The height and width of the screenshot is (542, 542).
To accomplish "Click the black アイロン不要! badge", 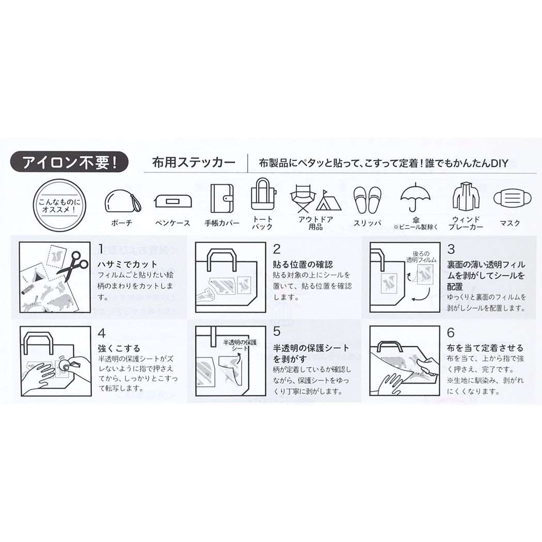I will point(69,162).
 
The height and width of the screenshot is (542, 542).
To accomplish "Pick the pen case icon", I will point(173,201).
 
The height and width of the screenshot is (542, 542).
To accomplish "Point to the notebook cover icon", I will point(222,199).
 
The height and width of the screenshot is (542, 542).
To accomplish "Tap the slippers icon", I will point(367,199).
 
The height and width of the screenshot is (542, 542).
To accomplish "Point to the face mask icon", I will point(510,198).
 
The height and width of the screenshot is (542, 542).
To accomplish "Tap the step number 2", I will point(277,249).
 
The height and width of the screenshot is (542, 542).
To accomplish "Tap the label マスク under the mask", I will point(510,224).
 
